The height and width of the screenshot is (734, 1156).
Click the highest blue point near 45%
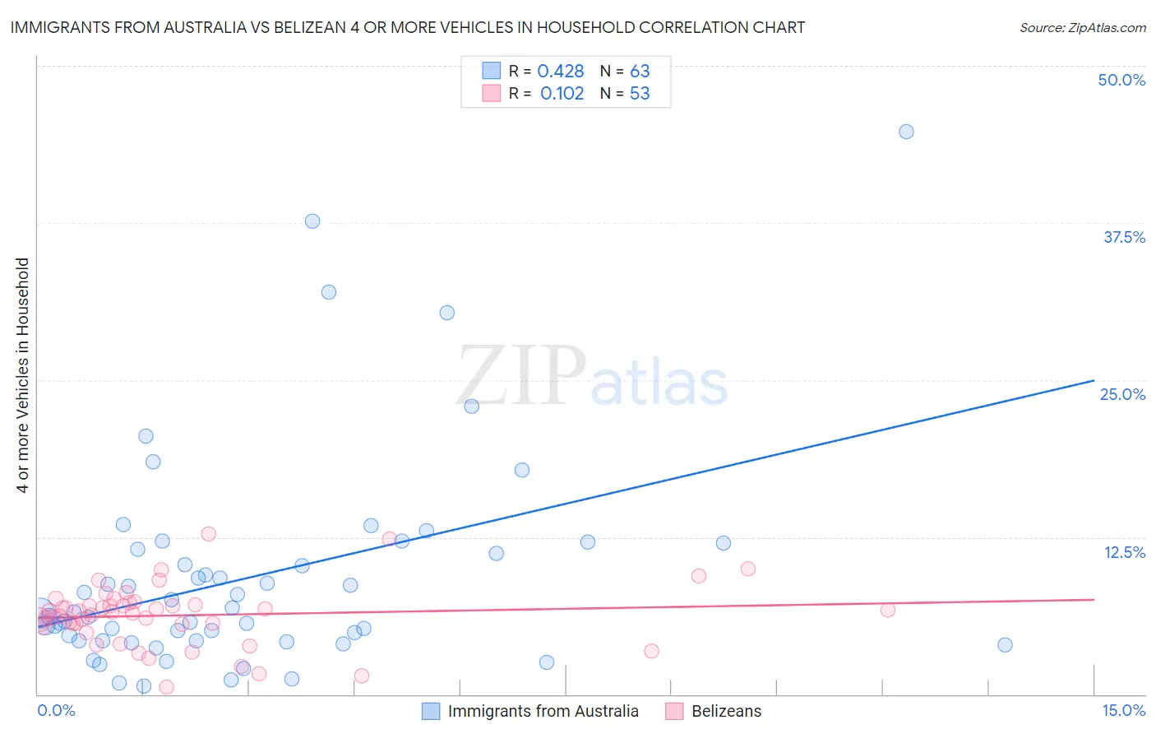point(906,132)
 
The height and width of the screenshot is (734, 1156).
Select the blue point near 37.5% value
point(312,221)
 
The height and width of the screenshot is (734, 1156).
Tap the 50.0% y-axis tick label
point(1121,80)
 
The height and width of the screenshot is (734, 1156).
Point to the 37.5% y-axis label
point(1124,237)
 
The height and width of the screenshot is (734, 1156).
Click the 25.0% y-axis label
point(1122,394)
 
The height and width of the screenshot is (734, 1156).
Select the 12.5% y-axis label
point(1124,552)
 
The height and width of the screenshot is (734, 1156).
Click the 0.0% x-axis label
point(57,710)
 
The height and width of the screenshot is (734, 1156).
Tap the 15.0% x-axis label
point(1123,710)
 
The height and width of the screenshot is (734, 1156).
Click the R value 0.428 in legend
point(561,72)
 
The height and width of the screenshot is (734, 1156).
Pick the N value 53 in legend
point(640,94)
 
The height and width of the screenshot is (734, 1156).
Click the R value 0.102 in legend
point(562,94)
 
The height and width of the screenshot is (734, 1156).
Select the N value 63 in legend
point(640,72)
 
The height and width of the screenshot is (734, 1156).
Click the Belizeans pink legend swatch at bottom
point(675,711)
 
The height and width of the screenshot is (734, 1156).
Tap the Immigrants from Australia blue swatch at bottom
point(431,711)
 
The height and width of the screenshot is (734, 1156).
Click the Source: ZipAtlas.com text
point(1082,27)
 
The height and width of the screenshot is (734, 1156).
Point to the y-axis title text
point(23,375)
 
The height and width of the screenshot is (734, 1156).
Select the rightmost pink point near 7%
point(887,610)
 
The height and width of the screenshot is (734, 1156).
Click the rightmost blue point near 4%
point(1005,644)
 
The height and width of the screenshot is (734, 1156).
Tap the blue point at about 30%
point(447,313)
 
